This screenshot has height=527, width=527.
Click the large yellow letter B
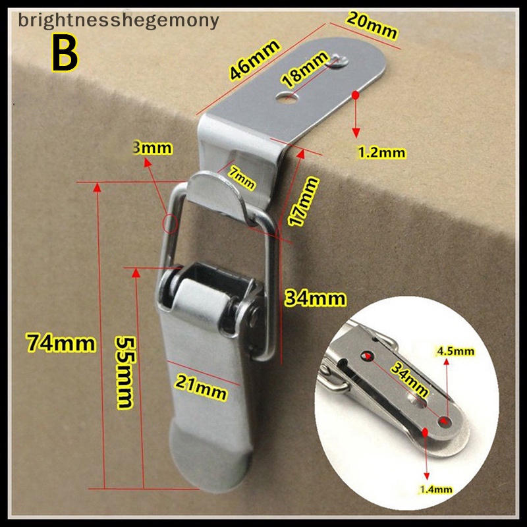(65, 53)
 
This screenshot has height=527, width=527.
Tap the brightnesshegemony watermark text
(119, 20)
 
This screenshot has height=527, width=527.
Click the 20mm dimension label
(372, 25)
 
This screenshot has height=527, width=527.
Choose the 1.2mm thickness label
(382, 153)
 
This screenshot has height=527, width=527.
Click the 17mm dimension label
(303, 201)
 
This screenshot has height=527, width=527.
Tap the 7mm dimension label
(242, 178)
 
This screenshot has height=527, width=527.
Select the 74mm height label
(61, 343)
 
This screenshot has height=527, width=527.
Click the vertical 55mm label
(126, 372)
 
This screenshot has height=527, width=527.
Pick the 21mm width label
(201, 387)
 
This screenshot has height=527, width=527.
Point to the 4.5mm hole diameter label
(455, 351)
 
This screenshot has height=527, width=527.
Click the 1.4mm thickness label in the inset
(436, 489)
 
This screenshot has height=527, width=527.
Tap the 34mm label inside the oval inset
(410, 380)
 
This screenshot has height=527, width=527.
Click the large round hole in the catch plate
(287, 97)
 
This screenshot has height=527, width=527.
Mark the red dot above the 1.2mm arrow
(356, 95)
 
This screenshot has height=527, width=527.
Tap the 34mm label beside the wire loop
(315, 298)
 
